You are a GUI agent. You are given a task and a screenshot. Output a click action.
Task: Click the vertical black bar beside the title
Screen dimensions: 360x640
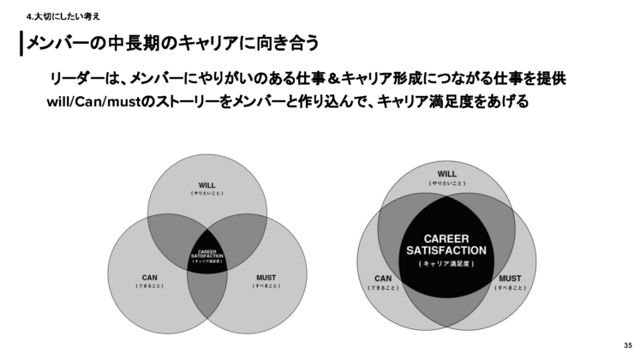(21, 44)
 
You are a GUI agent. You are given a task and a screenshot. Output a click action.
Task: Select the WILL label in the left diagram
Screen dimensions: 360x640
(207, 185)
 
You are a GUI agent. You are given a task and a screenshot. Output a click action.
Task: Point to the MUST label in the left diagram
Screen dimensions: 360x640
(266, 277)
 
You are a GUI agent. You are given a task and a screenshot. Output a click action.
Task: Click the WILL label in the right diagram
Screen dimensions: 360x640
(447, 174)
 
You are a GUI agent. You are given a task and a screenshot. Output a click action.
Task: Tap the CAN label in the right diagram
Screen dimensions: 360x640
(383, 279)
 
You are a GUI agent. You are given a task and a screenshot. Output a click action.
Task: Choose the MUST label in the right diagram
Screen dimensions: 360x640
(510, 279)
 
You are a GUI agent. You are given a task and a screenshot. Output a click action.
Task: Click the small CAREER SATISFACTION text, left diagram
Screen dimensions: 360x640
(206, 254)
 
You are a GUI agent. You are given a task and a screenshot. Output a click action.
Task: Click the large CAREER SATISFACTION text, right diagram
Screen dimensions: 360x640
(446, 244)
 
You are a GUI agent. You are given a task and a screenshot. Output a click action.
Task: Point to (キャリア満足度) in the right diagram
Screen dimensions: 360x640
(446, 263)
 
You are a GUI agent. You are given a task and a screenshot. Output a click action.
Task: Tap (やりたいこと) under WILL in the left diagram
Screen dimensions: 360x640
(207, 195)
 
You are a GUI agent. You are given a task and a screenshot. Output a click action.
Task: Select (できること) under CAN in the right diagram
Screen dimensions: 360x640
(383, 288)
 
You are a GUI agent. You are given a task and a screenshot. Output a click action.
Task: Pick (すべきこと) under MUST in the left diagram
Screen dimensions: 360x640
(266, 285)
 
